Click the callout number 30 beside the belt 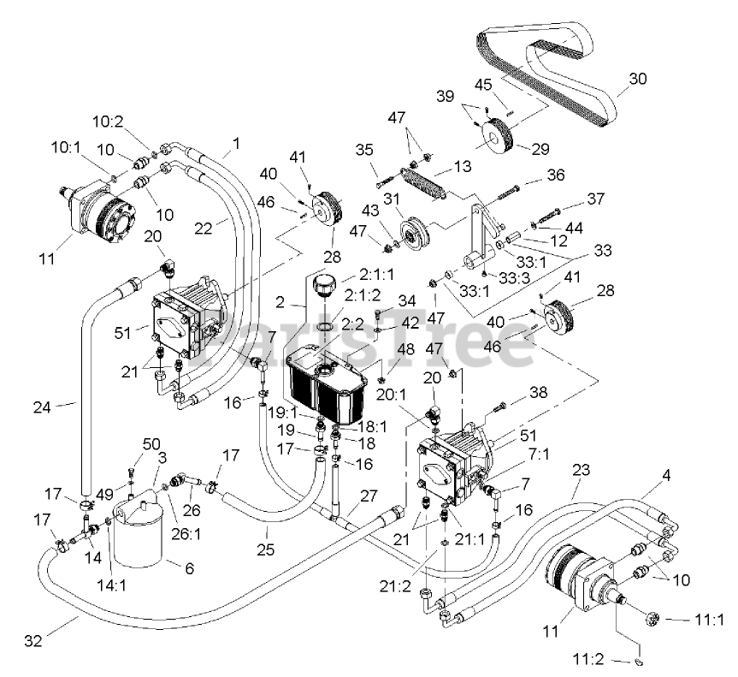point(638,79)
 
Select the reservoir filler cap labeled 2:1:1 point(323,286)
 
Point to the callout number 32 point(33,641)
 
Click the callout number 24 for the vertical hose point(42,407)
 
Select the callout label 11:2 point(587,659)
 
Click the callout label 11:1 point(709,620)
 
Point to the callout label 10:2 point(107,122)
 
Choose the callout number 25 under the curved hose point(265,549)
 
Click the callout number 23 point(582,470)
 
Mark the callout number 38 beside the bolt point(539,392)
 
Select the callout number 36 point(556,175)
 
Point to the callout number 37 point(596,199)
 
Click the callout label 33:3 point(515,278)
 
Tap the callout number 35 point(364,150)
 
